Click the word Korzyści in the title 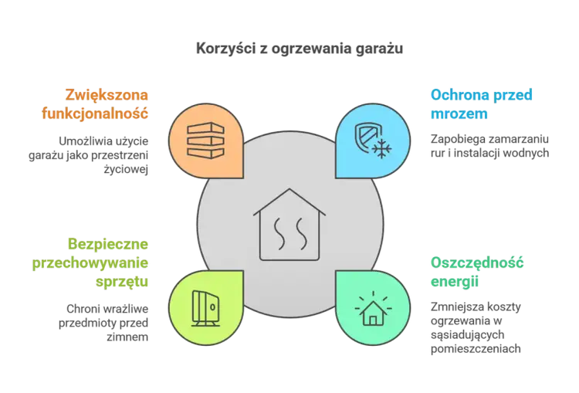225,49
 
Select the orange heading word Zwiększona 107,95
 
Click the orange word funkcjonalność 95,113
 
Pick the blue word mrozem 459,113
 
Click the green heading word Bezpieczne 108,245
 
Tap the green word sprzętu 122,282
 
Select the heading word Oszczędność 477,263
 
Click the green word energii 455,282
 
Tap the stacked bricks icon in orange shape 205,141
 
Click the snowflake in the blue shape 381,149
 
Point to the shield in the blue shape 366,136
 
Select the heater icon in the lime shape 205,308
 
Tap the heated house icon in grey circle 289,225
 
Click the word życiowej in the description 126,170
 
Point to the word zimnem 127,337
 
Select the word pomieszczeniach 476,349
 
